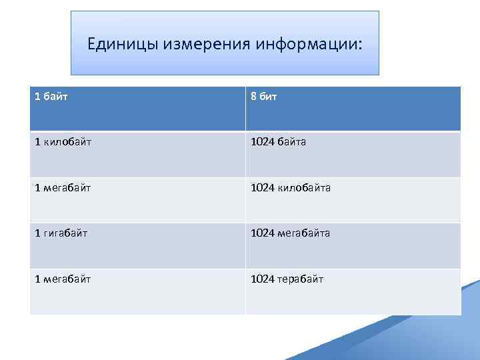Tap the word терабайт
pyautogui.click(x=301, y=279)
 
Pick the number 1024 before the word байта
pyautogui.click(x=261, y=142)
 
